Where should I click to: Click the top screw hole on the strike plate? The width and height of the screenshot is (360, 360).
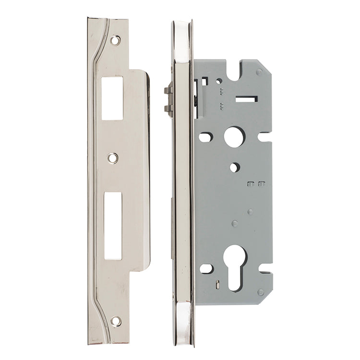(115, 40)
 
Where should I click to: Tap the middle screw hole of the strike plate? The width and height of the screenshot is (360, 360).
(112, 157)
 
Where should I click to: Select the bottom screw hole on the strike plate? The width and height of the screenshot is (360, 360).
(115, 321)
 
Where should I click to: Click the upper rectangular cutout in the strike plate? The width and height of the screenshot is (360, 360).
(112, 98)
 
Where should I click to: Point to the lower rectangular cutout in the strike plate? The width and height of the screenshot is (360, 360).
(113, 226)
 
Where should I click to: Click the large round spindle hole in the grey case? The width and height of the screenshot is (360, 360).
(234, 137)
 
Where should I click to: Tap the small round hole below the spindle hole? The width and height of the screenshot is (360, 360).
(234, 167)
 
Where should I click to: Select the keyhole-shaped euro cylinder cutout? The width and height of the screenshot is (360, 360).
(235, 266)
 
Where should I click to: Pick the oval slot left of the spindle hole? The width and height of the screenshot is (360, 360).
(205, 137)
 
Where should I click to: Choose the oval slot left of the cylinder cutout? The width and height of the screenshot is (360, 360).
(206, 268)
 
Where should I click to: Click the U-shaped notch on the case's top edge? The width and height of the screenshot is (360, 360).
(235, 71)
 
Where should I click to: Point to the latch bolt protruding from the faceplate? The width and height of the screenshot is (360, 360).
(168, 100)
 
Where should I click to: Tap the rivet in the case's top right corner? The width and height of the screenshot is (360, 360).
(259, 72)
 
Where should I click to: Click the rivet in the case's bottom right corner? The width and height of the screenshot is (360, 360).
(260, 292)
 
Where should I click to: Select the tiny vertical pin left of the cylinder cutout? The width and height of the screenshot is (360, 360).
(218, 282)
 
